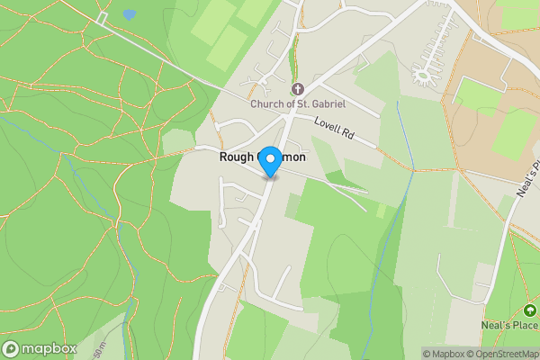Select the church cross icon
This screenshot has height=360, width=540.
pyautogui.click(x=298, y=89)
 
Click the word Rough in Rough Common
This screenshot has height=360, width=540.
pyautogui.click(x=238, y=157)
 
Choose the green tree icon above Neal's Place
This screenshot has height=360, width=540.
pyautogui.click(x=531, y=311)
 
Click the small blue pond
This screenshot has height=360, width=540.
pyautogui.click(x=130, y=15)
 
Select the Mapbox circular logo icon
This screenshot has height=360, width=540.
pyautogui.click(x=12, y=348)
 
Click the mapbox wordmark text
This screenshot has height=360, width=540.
pyautogui.click(x=49, y=348)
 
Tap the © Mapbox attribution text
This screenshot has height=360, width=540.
pyautogui.click(x=444, y=354)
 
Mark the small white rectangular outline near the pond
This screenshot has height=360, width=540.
pyautogui.click(x=102, y=17)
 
